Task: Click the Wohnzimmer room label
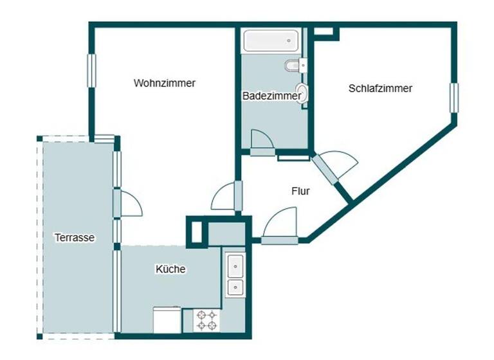click(x=165, y=83)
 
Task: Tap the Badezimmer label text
click(x=271, y=96)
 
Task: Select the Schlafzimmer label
click(x=380, y=88)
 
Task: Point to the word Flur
click(x=301, y=191)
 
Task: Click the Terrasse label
click(x=75, y=237)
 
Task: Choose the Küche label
click(x=170, y=269)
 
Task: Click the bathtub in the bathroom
click(x=271, y=40)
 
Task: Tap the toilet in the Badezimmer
click(x=295, y=65)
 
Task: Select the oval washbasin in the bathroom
click(x=302, y=94)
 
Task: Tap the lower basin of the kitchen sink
click(x=236, y=287)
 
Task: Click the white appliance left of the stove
click(x=168, y=319)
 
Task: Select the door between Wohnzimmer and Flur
click(x=227, y=196)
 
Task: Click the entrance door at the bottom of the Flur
click(x=280, y=226)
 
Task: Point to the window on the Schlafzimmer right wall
click(x=453, y=98)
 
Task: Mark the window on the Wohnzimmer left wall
click(x=91, y=71)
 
